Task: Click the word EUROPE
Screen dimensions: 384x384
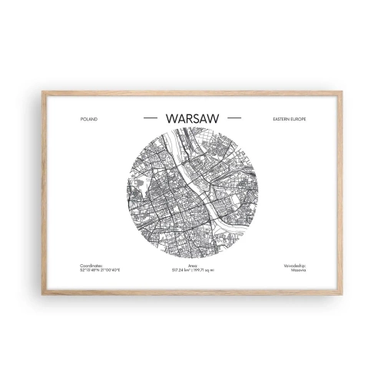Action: tap(298, 119)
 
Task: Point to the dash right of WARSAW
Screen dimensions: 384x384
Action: tap(234, 118)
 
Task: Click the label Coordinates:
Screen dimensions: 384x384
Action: tap(90, 266)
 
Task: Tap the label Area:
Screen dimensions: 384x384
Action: tap(192, 266)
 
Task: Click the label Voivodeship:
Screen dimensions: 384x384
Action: tap(294, 266)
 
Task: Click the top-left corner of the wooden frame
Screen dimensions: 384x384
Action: tap(43, 93)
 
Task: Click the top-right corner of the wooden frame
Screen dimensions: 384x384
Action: tap(341, 93)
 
